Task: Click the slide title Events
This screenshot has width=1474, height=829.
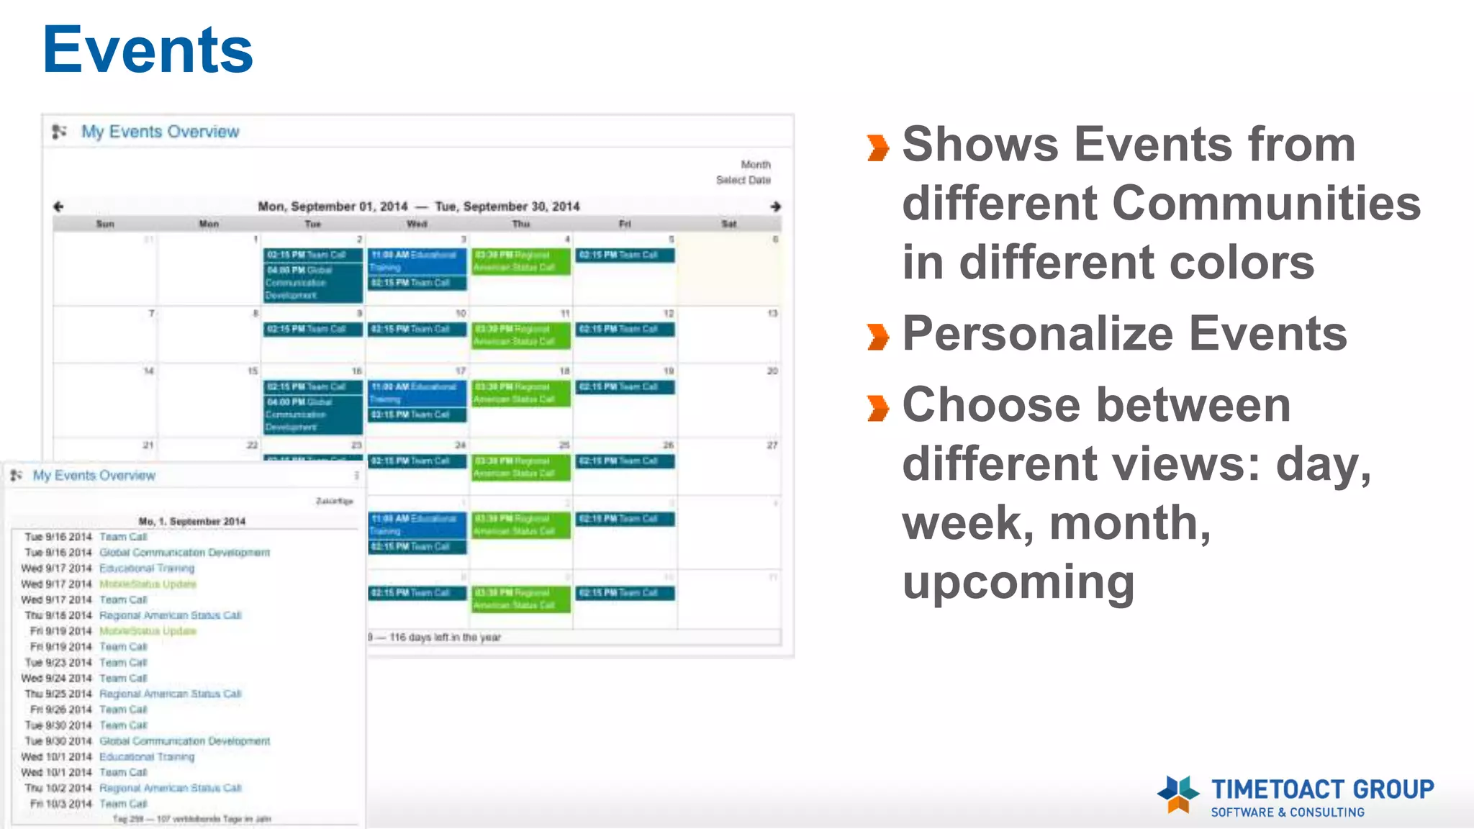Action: click(148, 50)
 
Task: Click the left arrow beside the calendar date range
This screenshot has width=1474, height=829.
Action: click(59, 207)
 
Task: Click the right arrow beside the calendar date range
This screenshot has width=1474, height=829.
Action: click(775, 207)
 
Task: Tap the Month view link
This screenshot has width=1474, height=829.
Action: click(755, 165)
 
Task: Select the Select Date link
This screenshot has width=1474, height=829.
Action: click(743, 180)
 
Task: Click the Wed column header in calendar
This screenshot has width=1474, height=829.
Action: click(417, 224)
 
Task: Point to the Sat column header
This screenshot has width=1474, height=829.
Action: click(728, 224)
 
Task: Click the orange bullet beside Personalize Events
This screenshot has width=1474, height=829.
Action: click(878, 336)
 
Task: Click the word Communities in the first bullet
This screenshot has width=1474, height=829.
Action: click(1267, 203)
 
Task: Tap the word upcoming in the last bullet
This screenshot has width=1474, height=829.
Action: click(1018, 581)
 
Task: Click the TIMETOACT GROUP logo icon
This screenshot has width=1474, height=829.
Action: click(1177, 794)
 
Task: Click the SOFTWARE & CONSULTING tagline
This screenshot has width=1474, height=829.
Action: click(1287, 812)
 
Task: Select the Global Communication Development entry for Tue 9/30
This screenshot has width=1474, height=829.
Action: click(184, 741)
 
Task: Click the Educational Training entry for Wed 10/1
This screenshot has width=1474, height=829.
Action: click(147, 757)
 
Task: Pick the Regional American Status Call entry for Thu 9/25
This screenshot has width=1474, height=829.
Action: click(170, 694)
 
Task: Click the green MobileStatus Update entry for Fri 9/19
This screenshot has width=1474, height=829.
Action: click(148, 631)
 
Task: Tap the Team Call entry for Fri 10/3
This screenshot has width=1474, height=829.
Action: click(123, 804)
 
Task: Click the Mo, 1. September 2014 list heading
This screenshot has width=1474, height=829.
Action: click(191, 521)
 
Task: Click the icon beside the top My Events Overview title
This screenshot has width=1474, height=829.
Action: click(60, 132)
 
